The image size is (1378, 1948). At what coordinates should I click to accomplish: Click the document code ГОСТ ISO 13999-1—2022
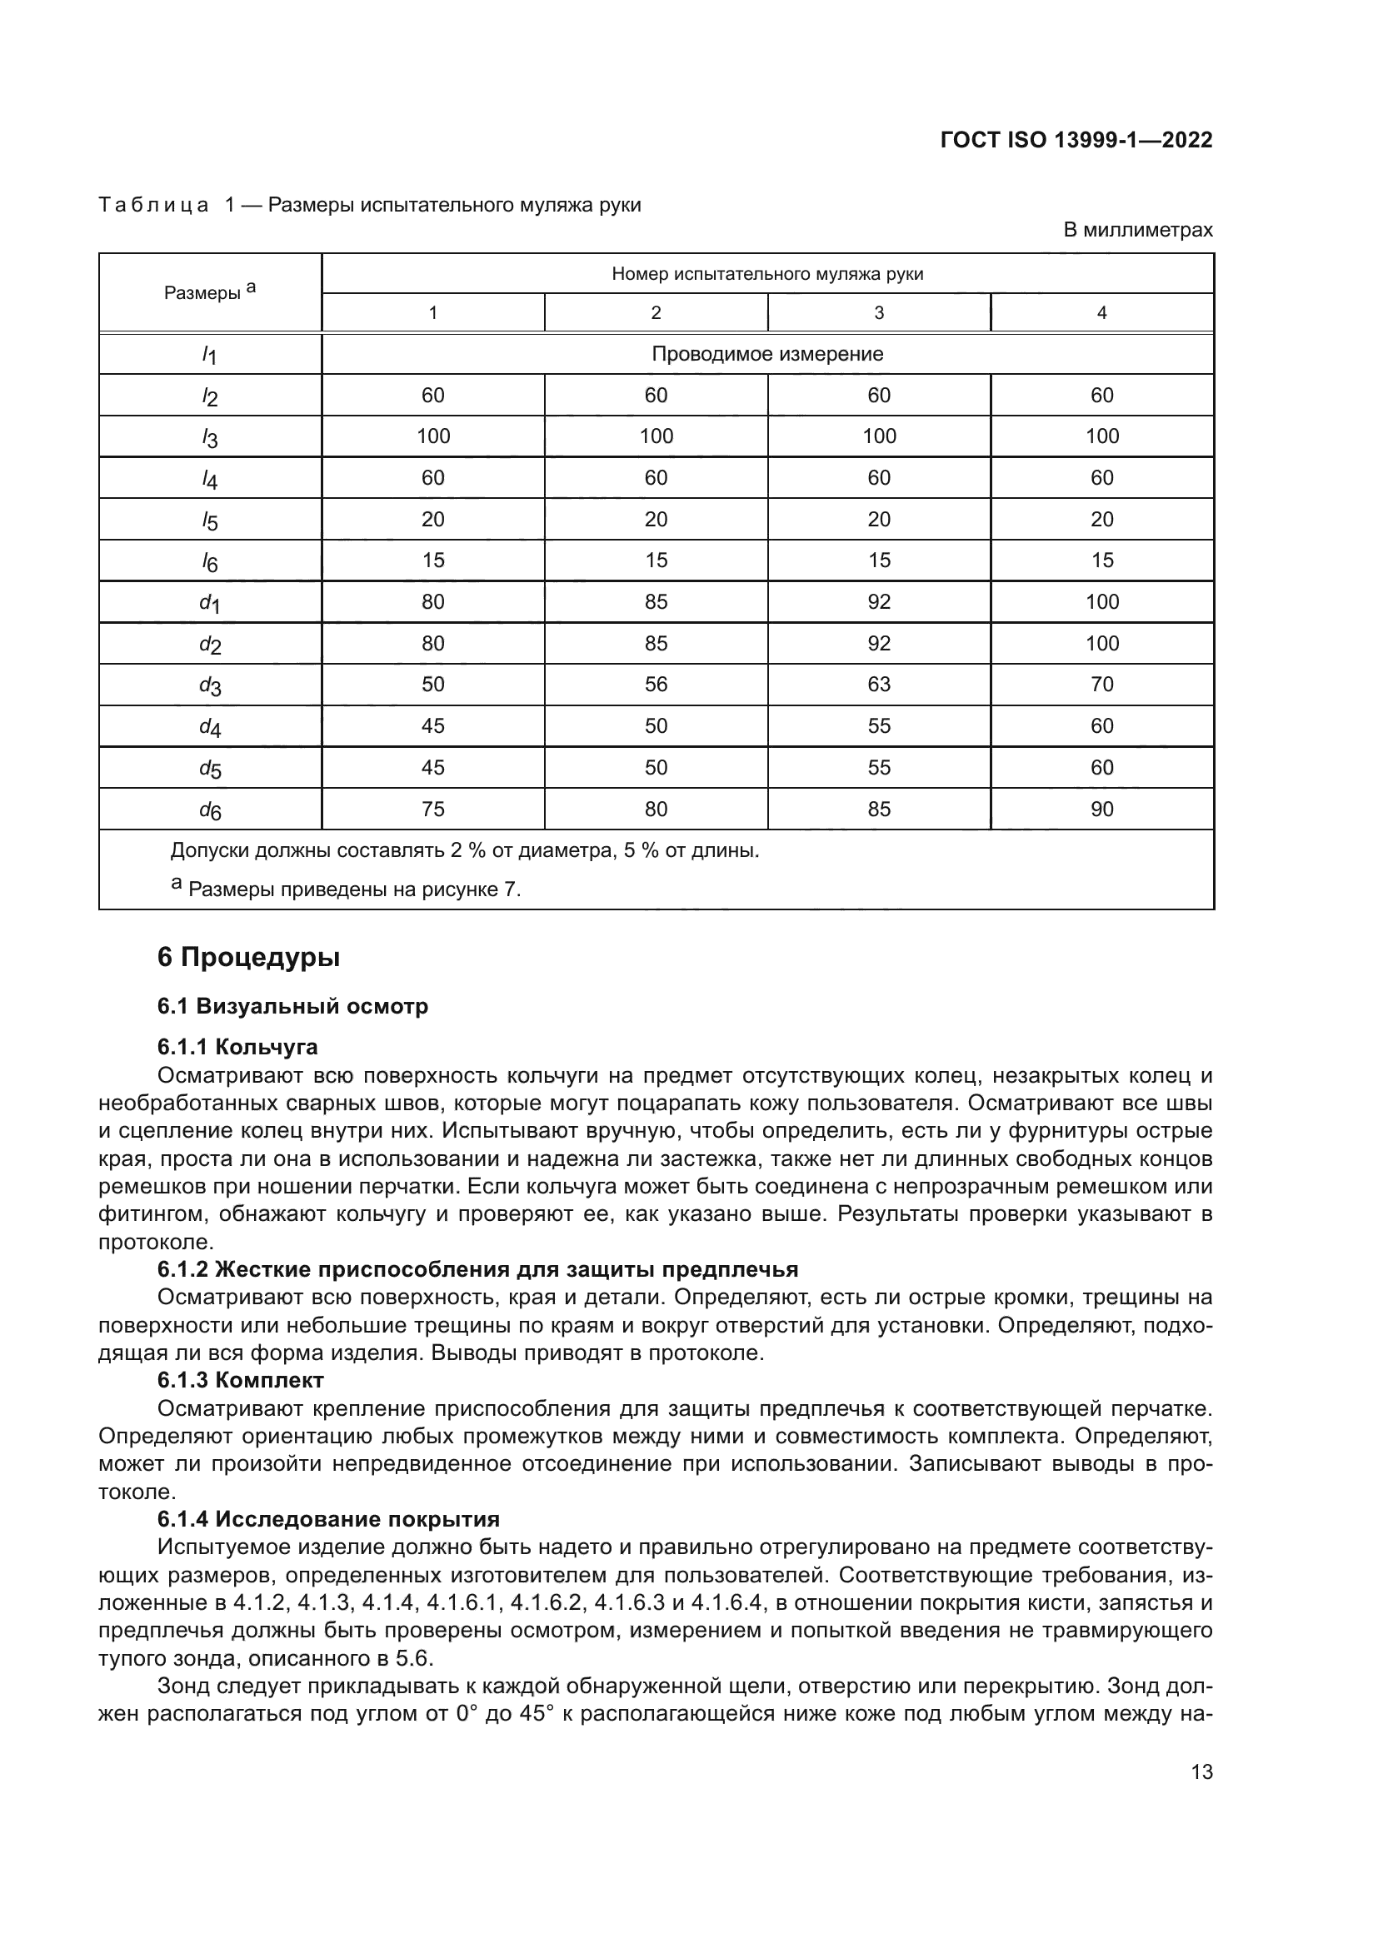1076,140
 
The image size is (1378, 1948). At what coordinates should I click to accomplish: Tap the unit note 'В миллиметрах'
1137,230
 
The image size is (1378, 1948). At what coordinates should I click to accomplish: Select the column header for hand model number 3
878,312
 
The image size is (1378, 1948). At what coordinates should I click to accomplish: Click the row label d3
210,685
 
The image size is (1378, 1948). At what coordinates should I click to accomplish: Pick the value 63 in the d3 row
878,684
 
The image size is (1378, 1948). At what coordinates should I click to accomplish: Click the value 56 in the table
655,684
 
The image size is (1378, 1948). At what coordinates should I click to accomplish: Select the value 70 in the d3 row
1101,684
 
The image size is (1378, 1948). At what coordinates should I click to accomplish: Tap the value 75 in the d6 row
432,809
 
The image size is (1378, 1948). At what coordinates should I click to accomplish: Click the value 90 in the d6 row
1101,809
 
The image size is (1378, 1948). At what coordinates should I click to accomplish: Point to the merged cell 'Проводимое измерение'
767,354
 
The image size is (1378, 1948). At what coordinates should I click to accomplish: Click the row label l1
210,356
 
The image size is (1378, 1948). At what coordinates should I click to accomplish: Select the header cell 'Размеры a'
210,291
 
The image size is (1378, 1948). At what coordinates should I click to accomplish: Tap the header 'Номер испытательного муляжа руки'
767,274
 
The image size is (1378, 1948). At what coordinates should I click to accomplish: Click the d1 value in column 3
878,601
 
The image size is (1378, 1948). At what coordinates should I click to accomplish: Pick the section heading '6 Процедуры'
248,957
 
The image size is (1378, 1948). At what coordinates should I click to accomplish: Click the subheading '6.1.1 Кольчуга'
237,1047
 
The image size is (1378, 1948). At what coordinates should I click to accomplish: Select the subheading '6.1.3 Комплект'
240,1380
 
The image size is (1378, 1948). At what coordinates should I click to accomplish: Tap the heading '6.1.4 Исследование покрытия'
328,1519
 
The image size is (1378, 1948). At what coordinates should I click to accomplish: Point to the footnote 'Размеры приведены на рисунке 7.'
354,889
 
